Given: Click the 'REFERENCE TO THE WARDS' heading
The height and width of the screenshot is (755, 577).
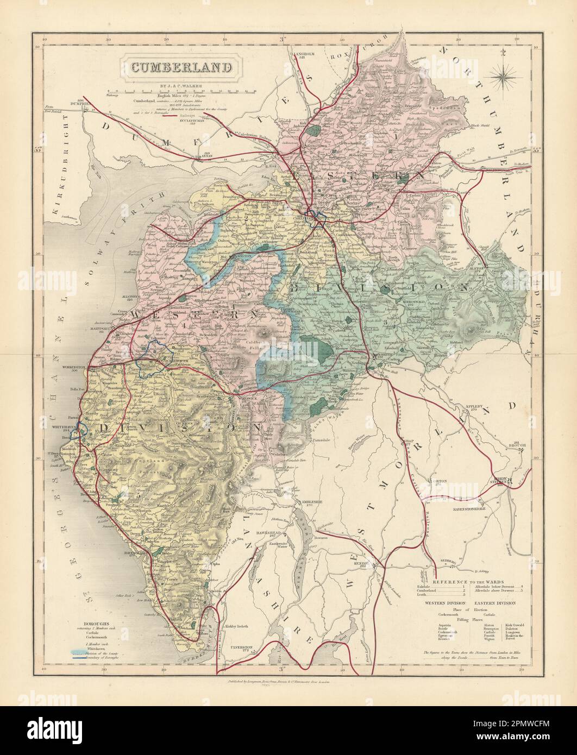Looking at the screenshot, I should [x=462, y=582].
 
